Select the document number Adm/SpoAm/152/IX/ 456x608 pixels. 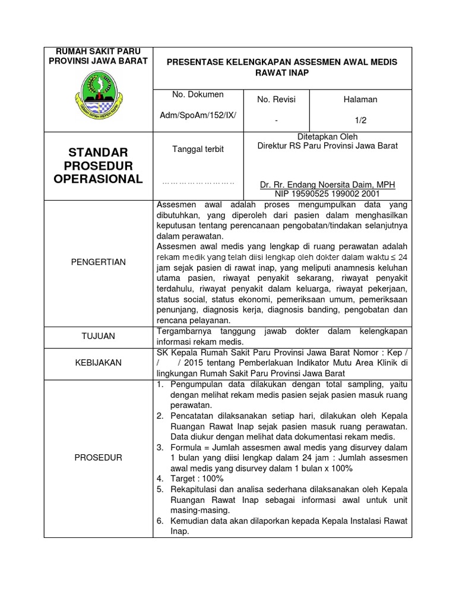point(198,113)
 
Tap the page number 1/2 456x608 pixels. point(360,119)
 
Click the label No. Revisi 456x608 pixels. point(276,99)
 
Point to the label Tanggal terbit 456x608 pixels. point(198,149)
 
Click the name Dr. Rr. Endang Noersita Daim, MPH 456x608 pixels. point(328,184)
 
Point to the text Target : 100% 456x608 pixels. point(197,479)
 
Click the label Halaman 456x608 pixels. point(360,99)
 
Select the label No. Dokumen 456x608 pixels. point(198,94)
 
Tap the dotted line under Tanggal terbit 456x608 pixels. point(198,183)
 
